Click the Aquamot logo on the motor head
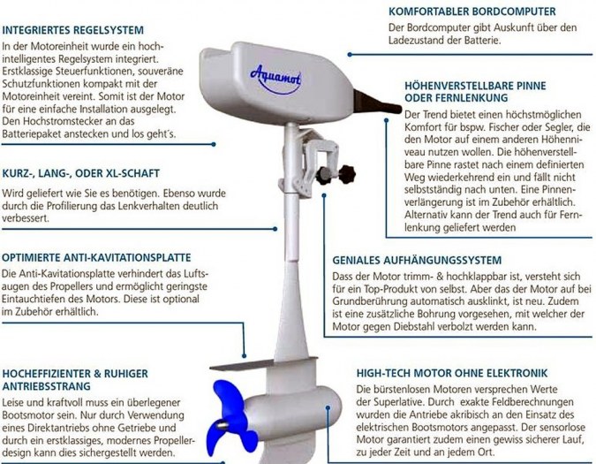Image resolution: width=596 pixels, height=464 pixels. (275, 80)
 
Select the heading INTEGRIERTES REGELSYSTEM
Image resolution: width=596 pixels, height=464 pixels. (73, 30)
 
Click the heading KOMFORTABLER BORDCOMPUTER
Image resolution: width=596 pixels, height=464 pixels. (472, 11)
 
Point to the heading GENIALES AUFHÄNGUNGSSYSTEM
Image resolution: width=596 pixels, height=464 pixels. (417, 260)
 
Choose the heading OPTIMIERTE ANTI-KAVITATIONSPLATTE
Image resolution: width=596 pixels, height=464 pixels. (96, 257)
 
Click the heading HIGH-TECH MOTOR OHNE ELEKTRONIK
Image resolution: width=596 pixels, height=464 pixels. (452, 373)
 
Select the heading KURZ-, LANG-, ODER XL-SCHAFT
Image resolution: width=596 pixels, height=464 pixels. (80, 173)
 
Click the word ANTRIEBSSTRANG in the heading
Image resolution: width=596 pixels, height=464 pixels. (47, 386)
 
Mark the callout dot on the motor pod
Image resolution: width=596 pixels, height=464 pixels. (328, 407)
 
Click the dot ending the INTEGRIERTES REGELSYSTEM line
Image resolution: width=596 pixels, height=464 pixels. (214, 145)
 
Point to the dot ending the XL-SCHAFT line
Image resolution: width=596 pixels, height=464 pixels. (275, 229)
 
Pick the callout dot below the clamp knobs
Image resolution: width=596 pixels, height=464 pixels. (324, 195)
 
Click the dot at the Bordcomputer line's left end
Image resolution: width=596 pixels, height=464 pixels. (350, 55)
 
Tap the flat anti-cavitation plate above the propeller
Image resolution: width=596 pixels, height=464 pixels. (262, 364)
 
